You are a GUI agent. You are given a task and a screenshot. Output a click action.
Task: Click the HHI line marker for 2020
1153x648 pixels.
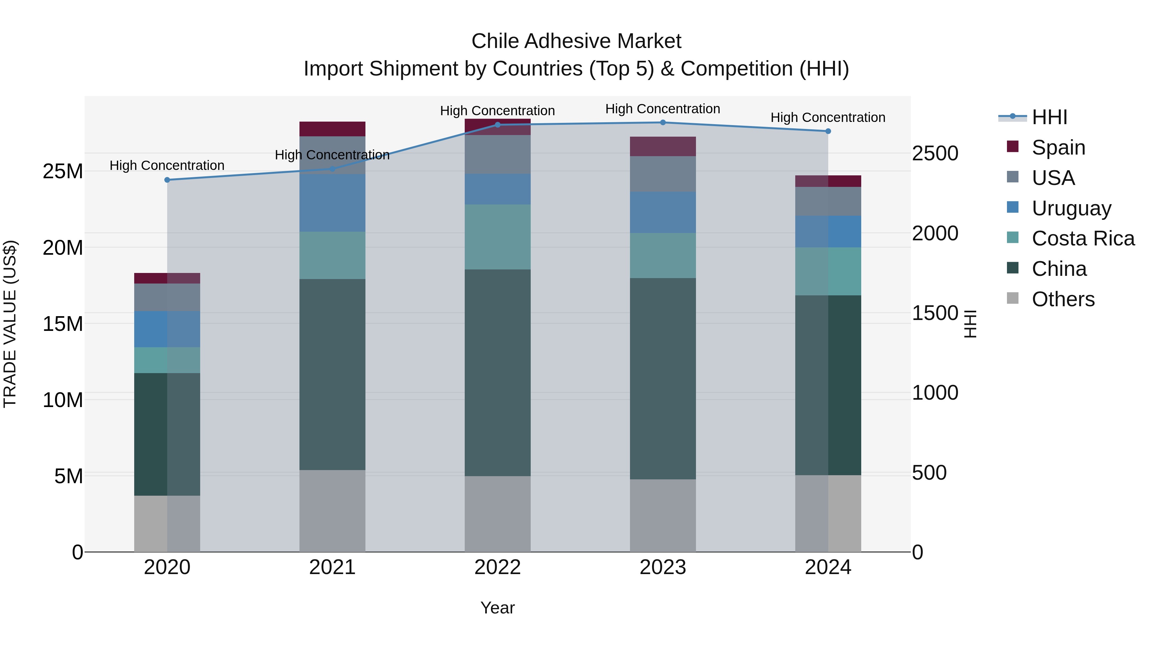pyautogui.click(x=167, y=180)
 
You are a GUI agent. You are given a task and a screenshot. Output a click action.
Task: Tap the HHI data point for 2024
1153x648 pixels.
pyautogui.click(x=828, y=131)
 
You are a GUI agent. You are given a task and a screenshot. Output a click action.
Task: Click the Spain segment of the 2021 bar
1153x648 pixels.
pyautogui.click(x=332, y=129)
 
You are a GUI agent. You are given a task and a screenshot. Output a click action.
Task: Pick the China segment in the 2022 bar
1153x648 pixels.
pyautogui.click(x=497, y=372)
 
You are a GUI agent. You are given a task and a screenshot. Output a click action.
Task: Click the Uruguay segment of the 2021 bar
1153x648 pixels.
pyautogui.click(x=332, y=203)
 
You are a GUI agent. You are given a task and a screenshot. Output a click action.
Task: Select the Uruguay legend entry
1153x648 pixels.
pyautogui.click(x=1071, y=208)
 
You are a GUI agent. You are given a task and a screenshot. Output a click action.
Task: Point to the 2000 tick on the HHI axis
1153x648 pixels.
pyautogui.click(x=935, y=233)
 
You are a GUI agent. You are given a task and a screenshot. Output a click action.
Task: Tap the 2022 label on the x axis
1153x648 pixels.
pyautogui.click(x=497, y=567)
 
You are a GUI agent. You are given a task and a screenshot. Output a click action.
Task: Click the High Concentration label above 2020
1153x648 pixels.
pyautogui.click(x=167, y=165)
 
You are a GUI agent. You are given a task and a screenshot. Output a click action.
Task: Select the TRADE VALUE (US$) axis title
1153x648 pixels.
pyautogui.click(x=10, y=324)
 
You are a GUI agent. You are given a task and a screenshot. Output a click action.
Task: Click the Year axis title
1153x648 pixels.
pyautogui.click(x=497, y=608)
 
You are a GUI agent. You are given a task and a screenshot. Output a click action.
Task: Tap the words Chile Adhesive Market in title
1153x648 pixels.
pyautogui.click(x=576, y=41)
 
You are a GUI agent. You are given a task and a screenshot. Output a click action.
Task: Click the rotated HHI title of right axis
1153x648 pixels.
pyautogui.click(x=970, y=324)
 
